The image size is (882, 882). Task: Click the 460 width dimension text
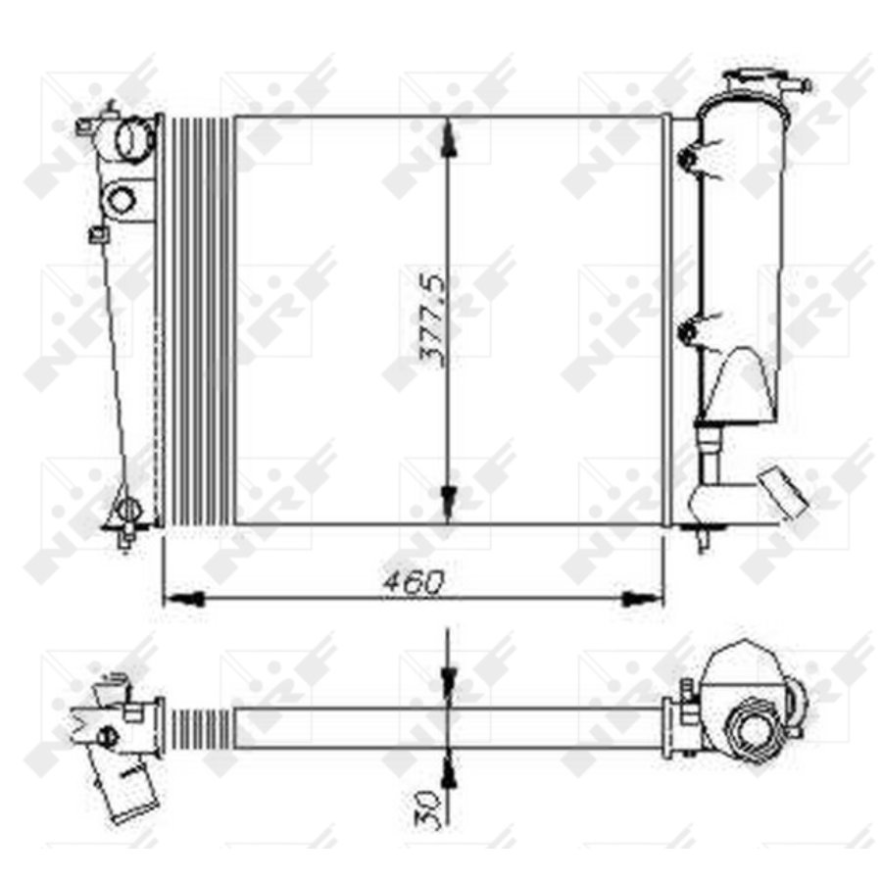point(414,583)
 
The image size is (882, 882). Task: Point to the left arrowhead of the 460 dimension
point(182,600)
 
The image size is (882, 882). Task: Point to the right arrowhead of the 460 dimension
point(643,600)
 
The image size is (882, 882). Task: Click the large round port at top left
point(134,138)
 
